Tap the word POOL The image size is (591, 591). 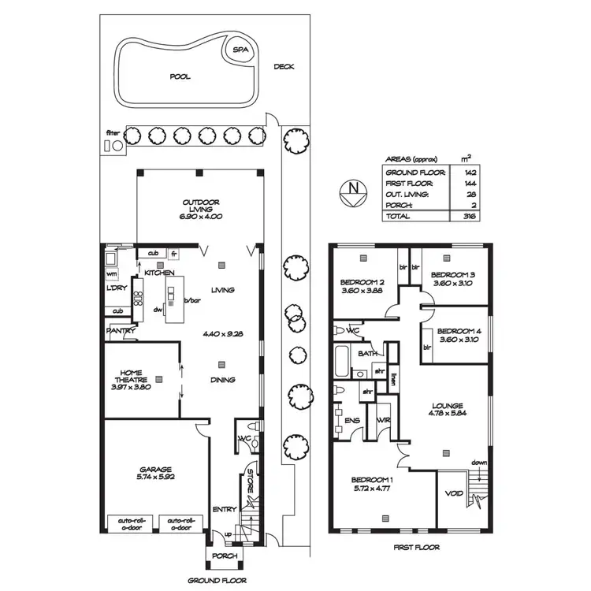[x=180, y=77]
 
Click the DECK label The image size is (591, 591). [x=284, y=67]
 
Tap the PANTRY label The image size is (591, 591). [x=118, y=332]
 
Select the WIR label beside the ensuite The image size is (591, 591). [x=384, y=420]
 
